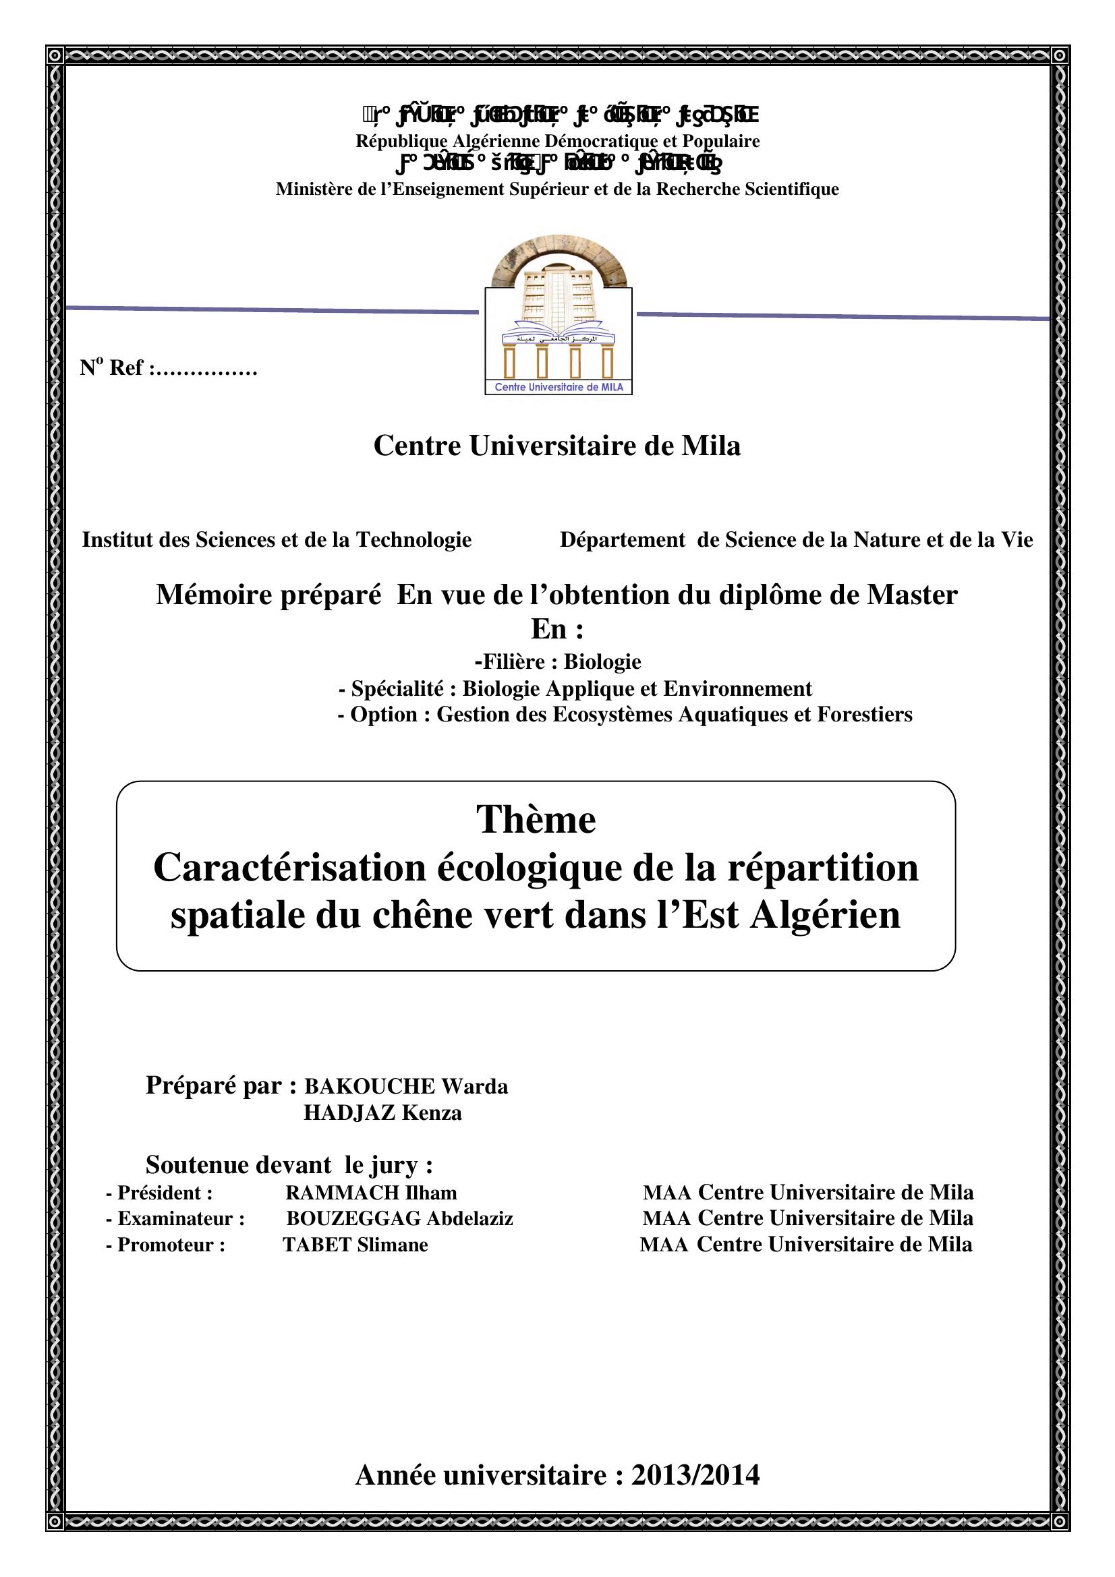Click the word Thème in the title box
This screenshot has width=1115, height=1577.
(536, 819)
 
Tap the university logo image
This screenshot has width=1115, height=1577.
(558, 320)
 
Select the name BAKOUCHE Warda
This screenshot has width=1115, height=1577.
(406, 1087)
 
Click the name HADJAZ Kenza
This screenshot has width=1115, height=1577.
(382, 1112)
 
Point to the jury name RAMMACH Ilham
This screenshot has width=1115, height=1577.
(371, 1193)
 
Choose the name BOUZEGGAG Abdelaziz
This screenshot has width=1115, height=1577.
(399, 1218)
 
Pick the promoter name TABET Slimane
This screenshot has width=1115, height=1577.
(355, 1245)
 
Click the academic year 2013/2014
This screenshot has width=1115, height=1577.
(695, 1475)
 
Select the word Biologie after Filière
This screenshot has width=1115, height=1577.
(602, 661)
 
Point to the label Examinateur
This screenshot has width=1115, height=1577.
(181, 1219)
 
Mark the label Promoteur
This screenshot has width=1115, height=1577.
(171, 1245)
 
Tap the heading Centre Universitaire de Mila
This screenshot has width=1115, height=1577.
(557, 446)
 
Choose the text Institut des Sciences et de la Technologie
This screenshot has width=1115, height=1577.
(277, 540)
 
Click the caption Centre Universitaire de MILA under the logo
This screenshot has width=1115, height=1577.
(559, 388)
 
